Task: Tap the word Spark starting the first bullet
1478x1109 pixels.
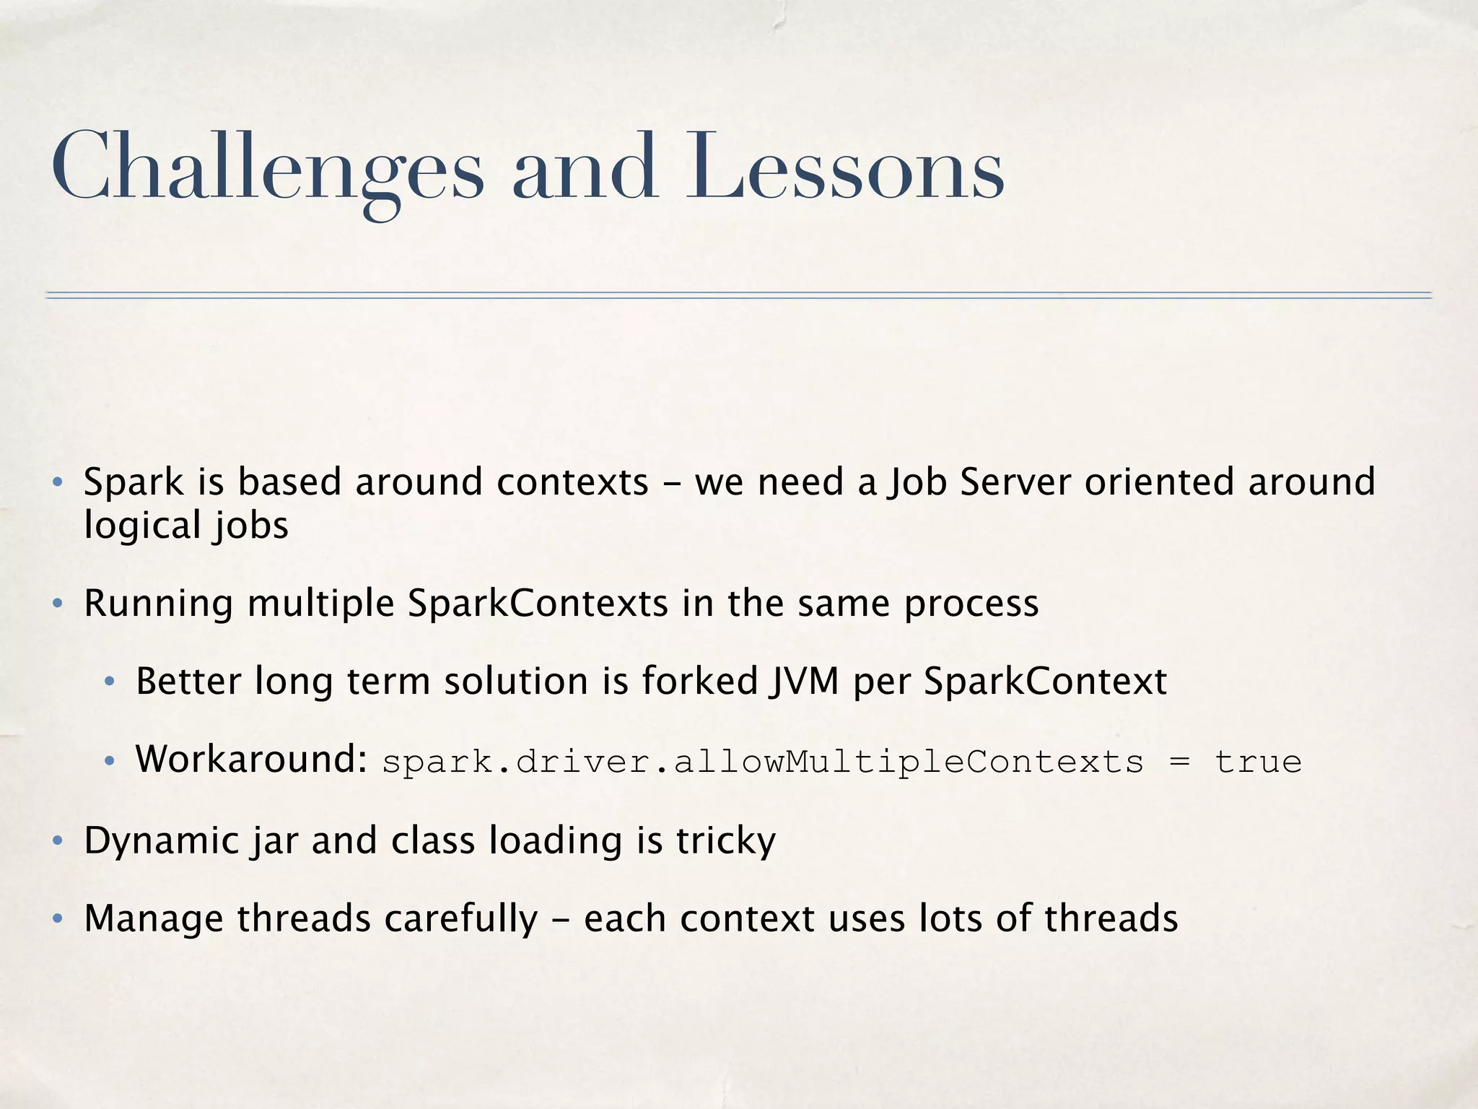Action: (134, 482)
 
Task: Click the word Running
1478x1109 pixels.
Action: (158, 604)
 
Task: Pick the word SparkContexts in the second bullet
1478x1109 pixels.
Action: (538, 604)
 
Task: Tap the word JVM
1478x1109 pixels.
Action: (803, 681)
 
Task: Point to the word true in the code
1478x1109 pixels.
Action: (1258, 762)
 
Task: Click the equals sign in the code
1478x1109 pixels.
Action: (1179, 762)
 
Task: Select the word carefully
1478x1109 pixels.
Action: (460, 919)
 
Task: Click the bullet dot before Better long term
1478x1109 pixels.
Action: (110, 682)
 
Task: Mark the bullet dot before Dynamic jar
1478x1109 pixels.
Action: (58, 841)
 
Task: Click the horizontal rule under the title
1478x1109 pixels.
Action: (739, 295)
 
